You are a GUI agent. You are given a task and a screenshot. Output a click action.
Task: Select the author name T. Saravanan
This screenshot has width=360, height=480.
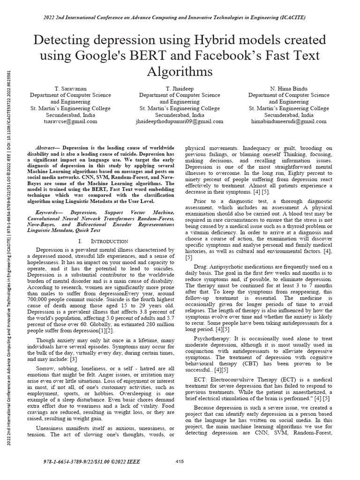tap(70, 88)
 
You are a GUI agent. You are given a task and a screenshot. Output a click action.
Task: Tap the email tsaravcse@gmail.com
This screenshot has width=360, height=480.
tap(70, 121)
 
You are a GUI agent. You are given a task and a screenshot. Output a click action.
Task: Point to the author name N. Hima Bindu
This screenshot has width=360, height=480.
tap(289, 88)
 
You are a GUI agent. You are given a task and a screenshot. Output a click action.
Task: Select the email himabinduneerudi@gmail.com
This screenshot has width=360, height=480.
tap(289, 121)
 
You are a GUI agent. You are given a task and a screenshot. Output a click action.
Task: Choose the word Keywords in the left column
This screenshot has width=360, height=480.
tap(49, 212)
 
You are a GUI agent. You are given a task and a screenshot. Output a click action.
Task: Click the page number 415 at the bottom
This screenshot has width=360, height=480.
tap(180, 462)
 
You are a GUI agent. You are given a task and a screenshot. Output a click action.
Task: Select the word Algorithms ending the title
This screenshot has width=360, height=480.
tap(180, 72)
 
